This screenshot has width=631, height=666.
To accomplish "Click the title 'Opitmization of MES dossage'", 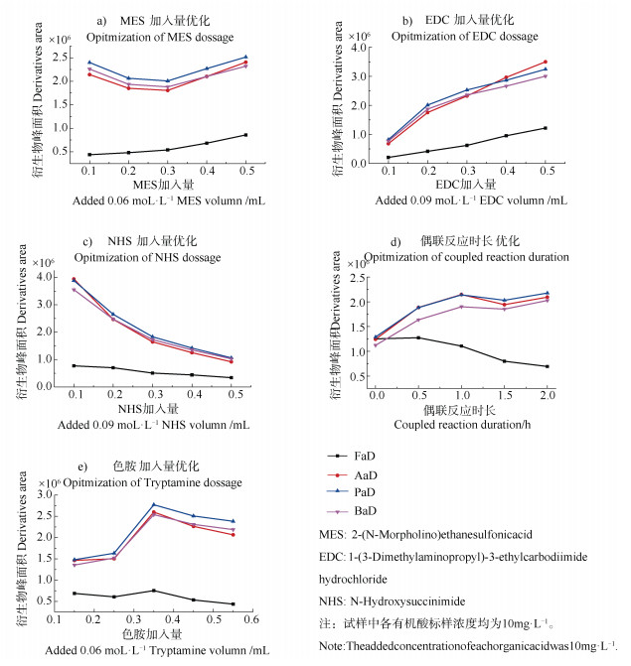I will [160, 38].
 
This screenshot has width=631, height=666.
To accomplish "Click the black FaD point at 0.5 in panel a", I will [245, 135].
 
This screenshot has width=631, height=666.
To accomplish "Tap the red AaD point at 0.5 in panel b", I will [544, 62].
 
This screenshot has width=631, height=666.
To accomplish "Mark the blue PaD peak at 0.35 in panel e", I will [154, 504].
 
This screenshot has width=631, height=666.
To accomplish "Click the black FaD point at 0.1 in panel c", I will [75, 365].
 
